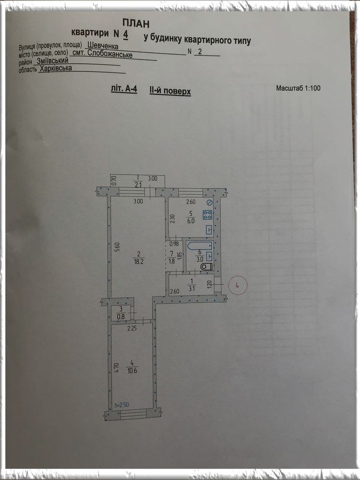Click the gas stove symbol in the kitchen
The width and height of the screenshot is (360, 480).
pos(207,215)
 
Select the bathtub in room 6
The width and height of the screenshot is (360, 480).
pos(200,245)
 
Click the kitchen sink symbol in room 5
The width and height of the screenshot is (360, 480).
pos(209,229)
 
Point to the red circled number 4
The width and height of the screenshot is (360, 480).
pos(237,285)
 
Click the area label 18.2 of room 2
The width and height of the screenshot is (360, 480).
pos(138,262)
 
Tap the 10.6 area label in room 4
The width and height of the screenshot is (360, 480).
pos(132,371)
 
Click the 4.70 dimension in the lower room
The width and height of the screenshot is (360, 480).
pos(116,368)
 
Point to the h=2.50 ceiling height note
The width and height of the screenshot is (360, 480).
pos(121,405)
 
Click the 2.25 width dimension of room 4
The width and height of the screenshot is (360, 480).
pos(132,328)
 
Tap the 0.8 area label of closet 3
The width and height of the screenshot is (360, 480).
pos(121,317)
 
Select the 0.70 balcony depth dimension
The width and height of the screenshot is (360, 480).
pos(114,180)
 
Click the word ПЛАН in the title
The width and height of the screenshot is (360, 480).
pos(136,23)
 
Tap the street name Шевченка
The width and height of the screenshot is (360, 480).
pos(103,46)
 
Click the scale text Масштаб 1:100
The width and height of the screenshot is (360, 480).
pos(298,88)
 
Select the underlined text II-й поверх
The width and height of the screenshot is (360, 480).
pos(170,91)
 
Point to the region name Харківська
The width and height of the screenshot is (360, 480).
pos(56,68)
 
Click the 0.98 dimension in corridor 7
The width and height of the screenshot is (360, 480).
pos(174,244)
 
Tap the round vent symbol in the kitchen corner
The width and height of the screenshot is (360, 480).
pos(209,203)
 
